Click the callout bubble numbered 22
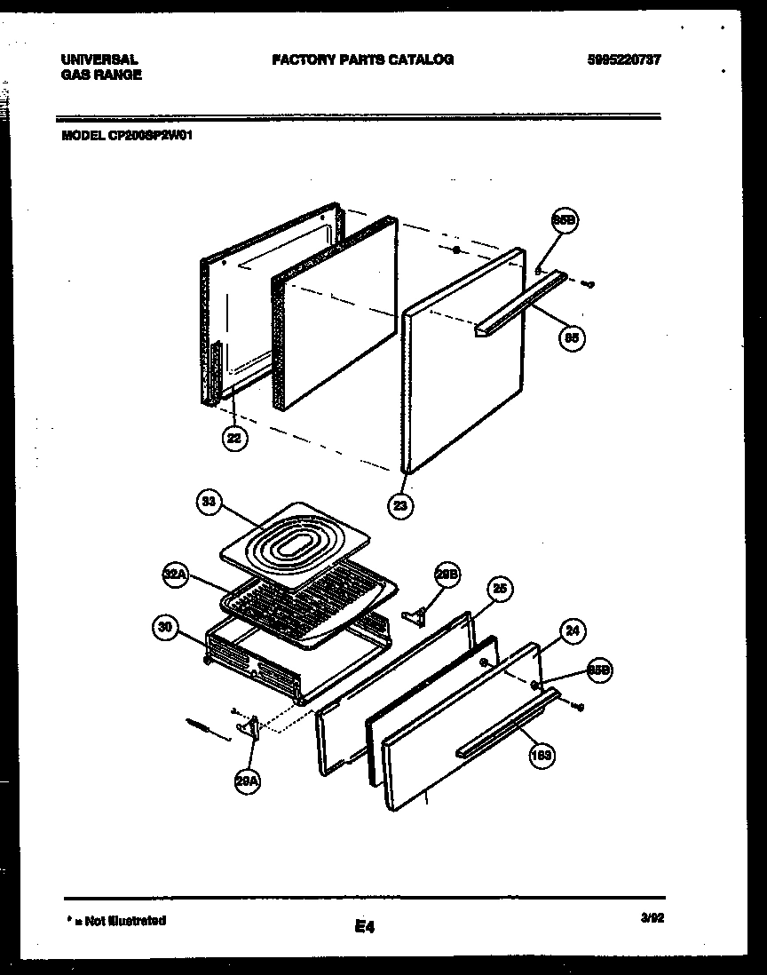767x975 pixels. tap(233, 438)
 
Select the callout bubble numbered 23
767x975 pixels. tap(400, 505)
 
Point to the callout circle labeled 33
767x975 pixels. tap(208, 503)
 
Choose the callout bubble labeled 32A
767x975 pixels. tap(175, 575)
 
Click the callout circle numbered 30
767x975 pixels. tap(164, 628)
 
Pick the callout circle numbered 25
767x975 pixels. tap(500, 589)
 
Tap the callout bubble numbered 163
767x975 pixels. tap(541, 756)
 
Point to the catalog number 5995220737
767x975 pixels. tap(623, 59)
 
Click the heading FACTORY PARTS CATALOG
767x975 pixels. tap(362, 59)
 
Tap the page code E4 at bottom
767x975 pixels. tap(364, 927)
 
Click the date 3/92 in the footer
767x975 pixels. tap(651, 921)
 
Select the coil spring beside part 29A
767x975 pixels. tap(202, 726)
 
